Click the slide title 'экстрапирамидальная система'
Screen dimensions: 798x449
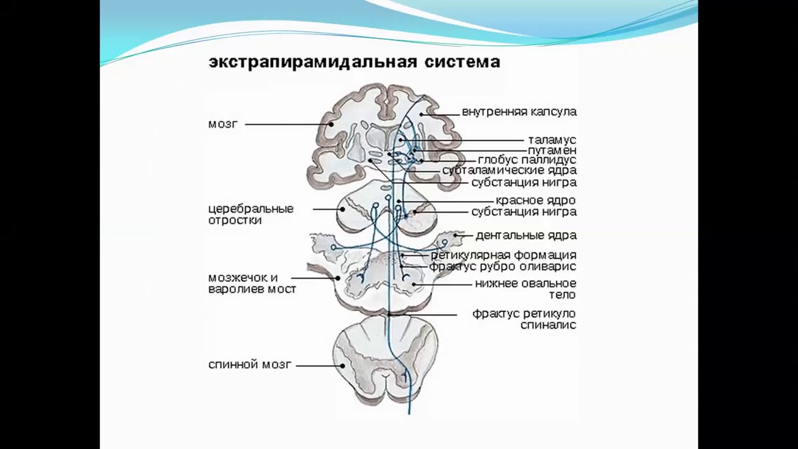[x=354, y=62]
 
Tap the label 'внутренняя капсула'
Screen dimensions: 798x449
[x=519, y=112]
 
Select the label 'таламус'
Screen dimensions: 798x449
[x=552, y=140]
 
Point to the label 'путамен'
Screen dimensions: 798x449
[x=552, y=150]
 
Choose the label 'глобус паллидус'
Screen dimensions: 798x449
[x=527, y=160]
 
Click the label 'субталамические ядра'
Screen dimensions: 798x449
[x=509, y=170]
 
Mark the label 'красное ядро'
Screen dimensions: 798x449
[x=536, y=201]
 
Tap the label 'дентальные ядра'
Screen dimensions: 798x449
[x=526, y=236]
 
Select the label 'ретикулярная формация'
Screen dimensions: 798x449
[x=504, y=255]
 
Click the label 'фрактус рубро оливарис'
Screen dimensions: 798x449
[x=502, y=266]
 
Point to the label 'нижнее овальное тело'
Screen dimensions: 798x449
[x=526, y=289]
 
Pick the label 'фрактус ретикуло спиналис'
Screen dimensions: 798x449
[x=524, y=320]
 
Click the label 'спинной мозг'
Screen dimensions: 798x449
[x=250, y=365]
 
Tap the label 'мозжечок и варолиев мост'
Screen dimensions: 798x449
[x=252, y=283]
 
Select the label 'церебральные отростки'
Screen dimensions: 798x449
[x=251, y=214]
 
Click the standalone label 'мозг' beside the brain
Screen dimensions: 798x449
[x=223, y=124]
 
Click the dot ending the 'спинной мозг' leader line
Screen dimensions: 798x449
[x=342, y=365]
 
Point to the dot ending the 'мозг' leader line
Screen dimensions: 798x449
[x=331, y=124]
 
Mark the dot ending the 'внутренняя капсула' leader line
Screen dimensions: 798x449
[x=421, y=114]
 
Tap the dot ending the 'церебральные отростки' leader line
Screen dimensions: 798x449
[x=342, y=210]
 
